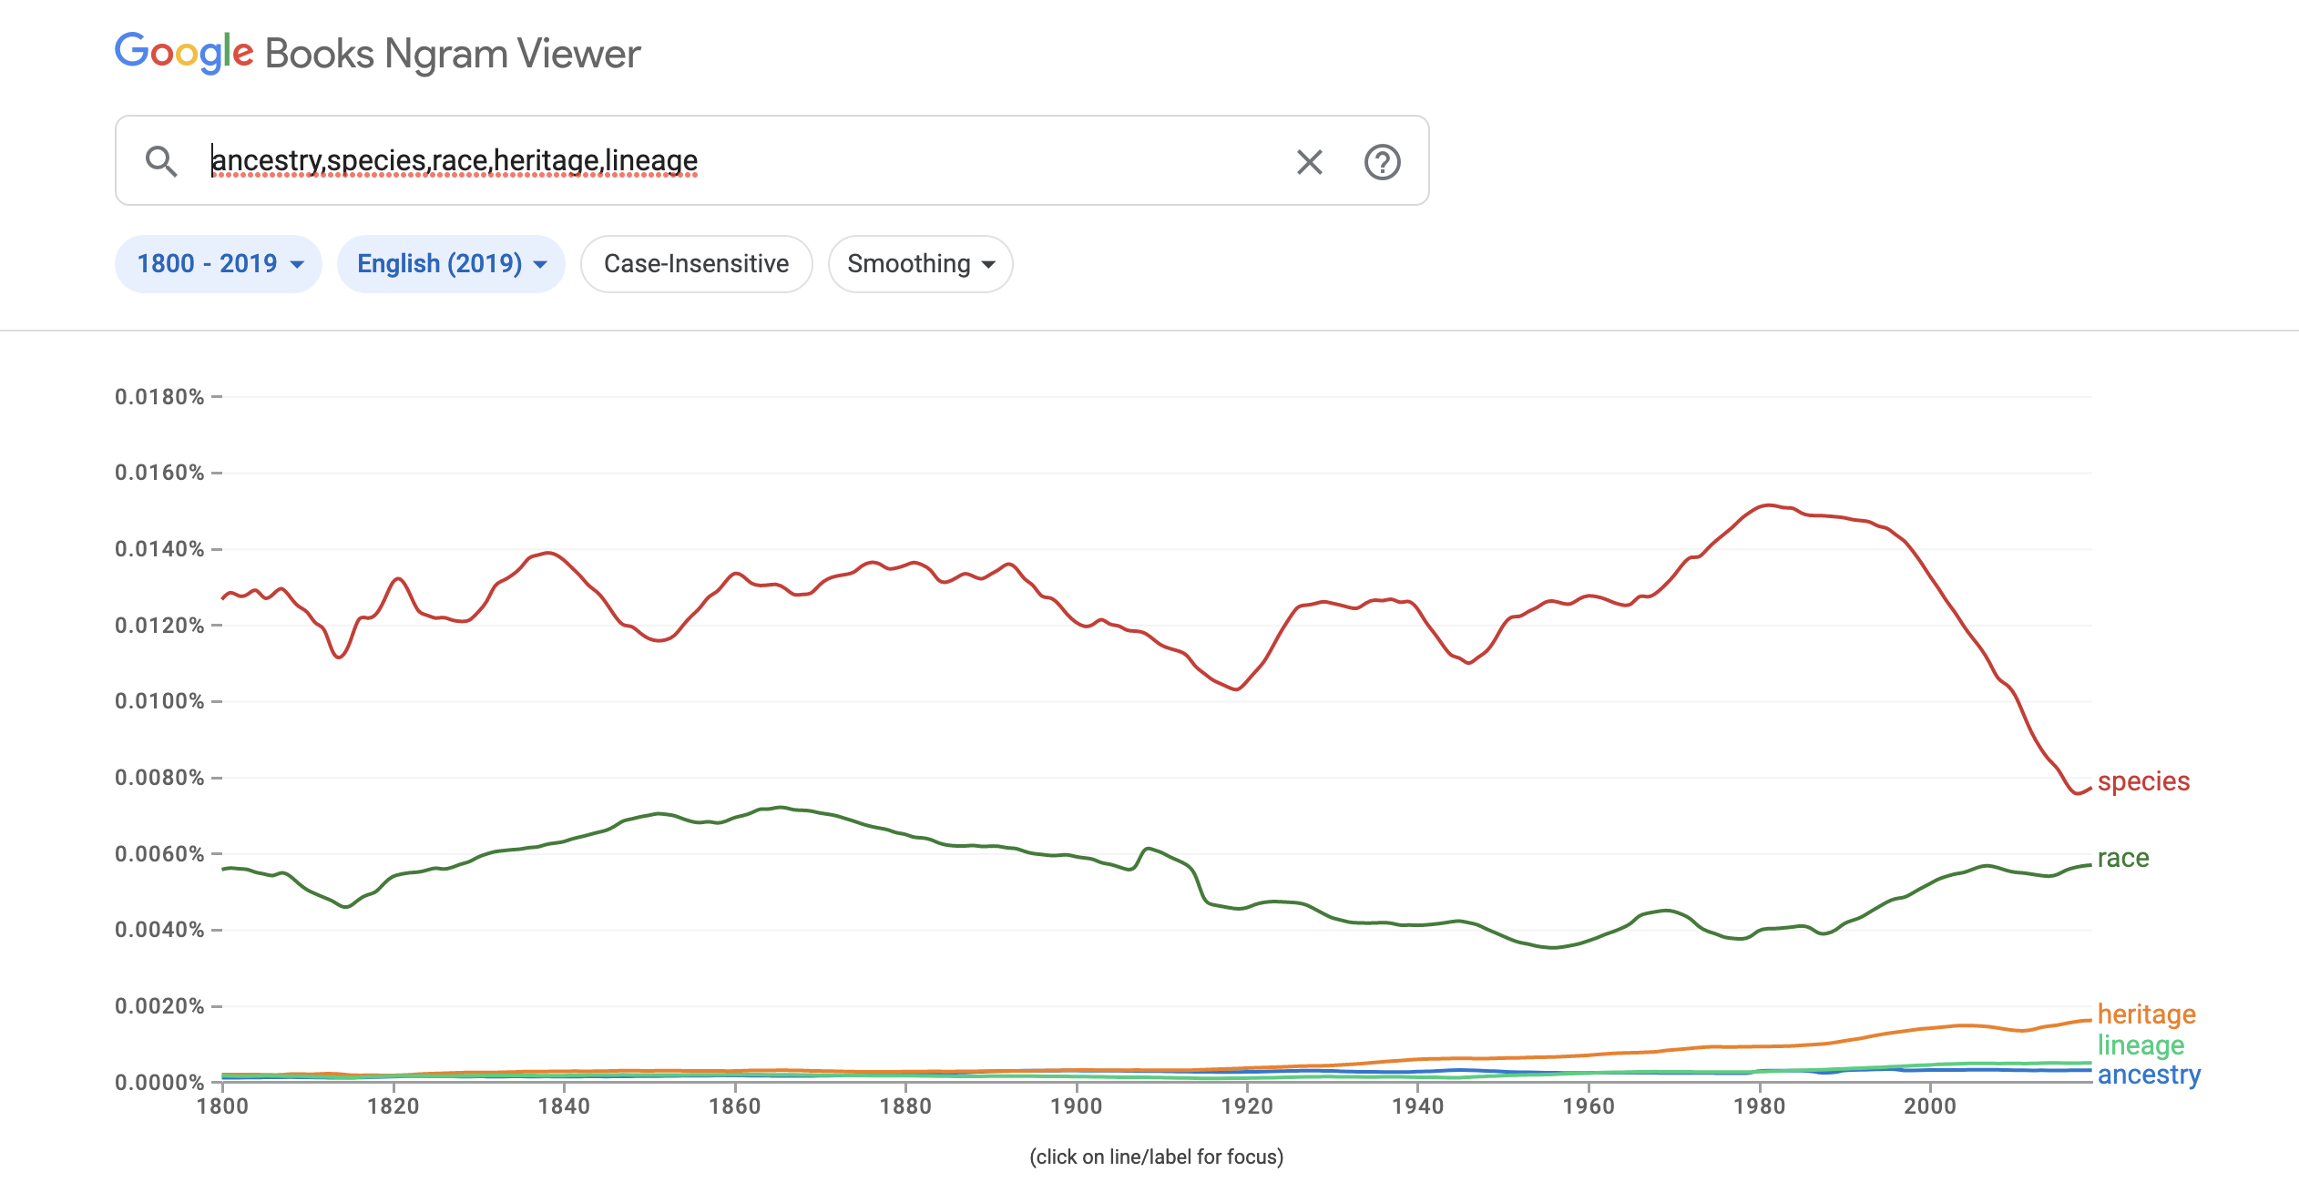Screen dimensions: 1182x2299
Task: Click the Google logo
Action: pyautogui.click(x=184, y=53)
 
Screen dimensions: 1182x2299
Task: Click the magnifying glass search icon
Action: pyautogui.click(x=161, y=161)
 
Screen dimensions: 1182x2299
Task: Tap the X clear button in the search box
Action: pyautogui.click(x=1309, y=162)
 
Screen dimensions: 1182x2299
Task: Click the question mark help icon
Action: pyautogui.click(x=1382, y=162)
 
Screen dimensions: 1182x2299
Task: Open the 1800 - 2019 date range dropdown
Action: pyautogui.click(x=219, y=264)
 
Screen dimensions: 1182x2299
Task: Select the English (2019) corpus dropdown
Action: pyautogui.click(x=451, y=264)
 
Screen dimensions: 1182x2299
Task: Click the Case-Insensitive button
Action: pyautogui.click(x=696, y=264)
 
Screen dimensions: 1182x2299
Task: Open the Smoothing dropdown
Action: pyautogui.click(x=920, y=264)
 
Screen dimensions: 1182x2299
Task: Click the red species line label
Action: pyautogui.click(x=2143, y=781)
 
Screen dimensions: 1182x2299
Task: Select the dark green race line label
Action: pyautogui.click(x=2122, y=858)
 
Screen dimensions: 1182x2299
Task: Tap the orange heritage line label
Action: pyautogui.click(x=2146, y=1014)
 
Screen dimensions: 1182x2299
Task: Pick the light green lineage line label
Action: pyautogui.click(x=2141, y=1045)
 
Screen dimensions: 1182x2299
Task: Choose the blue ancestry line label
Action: pyautogui.click(x=2149, y=1075)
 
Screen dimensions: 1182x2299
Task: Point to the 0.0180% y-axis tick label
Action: pyautogui.click(x=159, y=397)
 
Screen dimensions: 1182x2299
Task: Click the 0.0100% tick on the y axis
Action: pyautogui.click(x=159, y=701)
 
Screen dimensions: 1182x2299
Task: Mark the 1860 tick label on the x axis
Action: pyautogui.click(x=734, y=1106)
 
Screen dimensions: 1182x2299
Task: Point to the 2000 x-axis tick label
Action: pyautogui.click(x=1929, y=1106)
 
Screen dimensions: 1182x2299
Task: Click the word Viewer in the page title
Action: pyautogui.click(x=579, y=55)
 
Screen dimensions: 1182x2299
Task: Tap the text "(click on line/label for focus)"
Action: pyautogui.click(x=1156, y=1157)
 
